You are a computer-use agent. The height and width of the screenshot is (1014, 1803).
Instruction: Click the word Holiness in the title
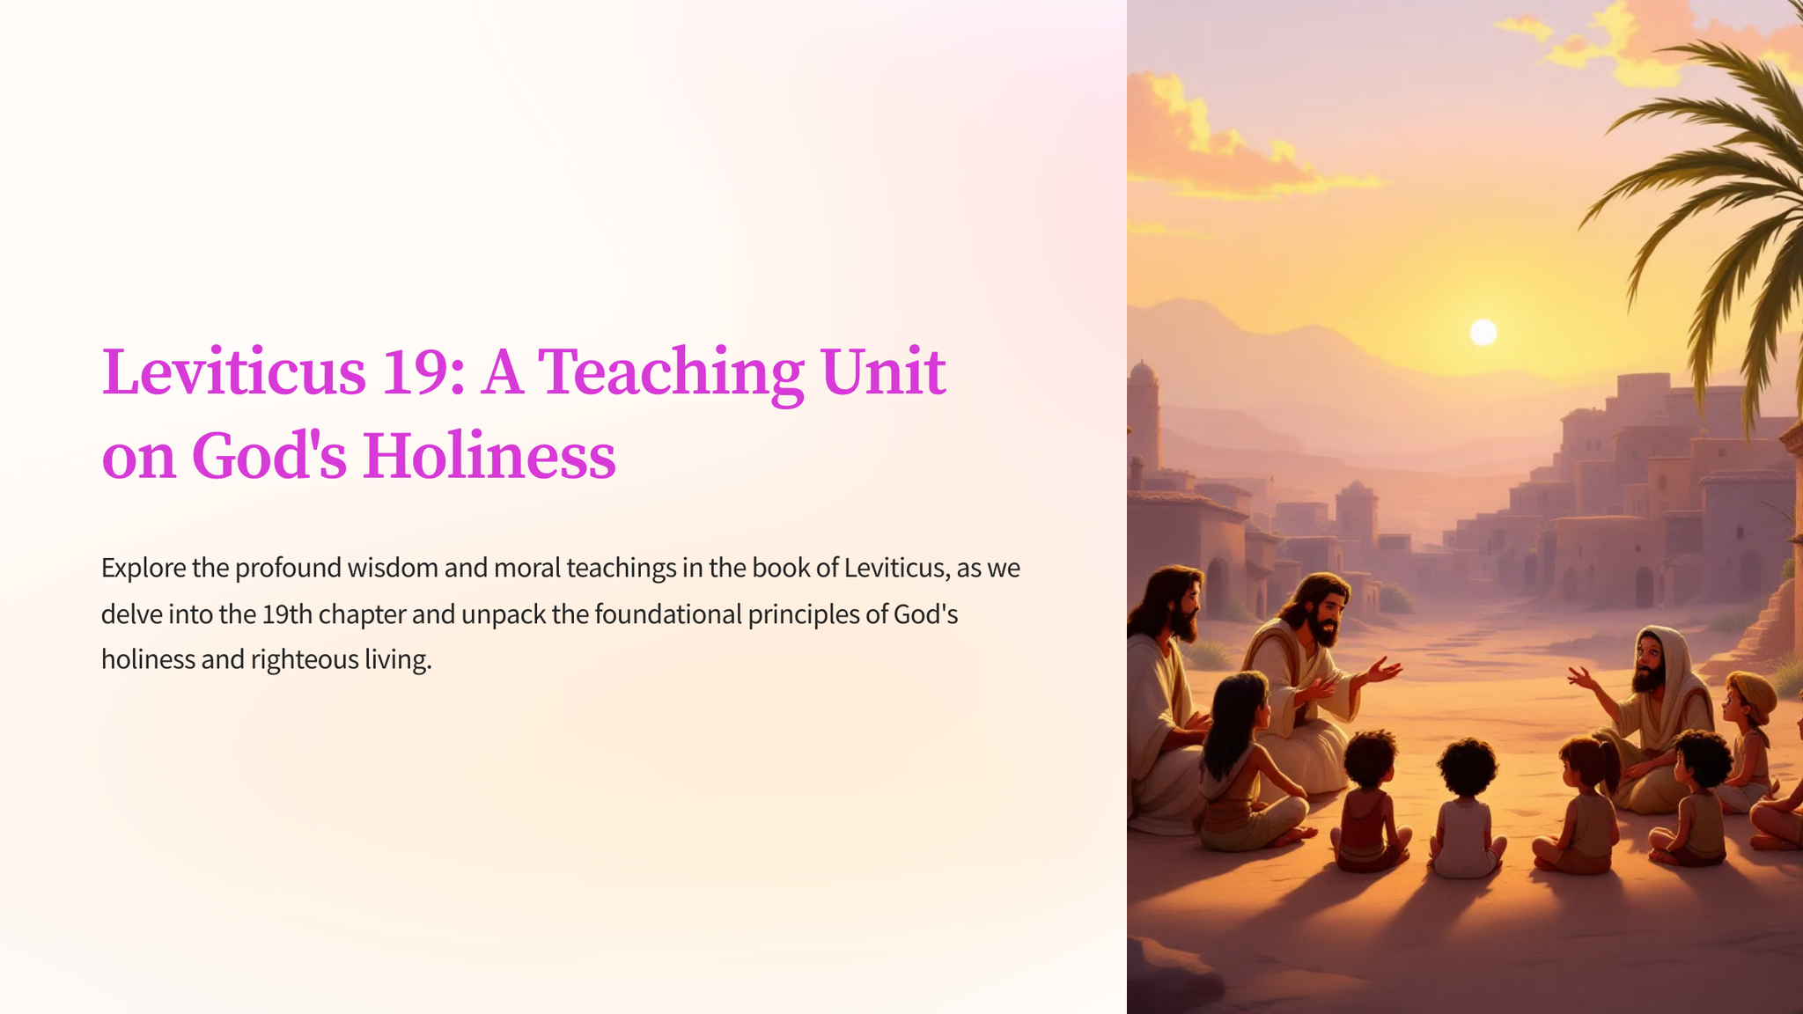(489, 456)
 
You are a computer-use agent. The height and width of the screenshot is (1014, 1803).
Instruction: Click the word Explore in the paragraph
(144, 569)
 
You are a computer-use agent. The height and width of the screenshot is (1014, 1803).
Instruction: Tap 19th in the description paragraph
(287, 614)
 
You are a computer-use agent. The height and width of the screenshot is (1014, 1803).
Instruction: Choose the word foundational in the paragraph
(668, 614)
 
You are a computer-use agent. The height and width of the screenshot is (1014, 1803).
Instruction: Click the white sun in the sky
(1483, 332)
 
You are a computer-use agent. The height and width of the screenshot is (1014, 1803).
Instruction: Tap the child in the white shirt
(1466, 810)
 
